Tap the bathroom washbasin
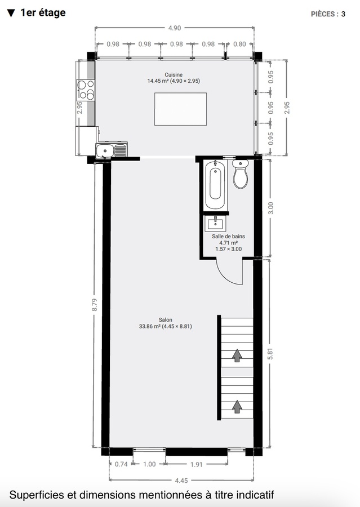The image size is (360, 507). (x=216, y=224)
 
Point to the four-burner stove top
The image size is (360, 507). (x=86, y=90)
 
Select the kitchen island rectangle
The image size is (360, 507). (x=180, y=109)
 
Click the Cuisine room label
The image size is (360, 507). (x=174, y=75)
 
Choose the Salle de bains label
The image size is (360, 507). (x=228, y=237)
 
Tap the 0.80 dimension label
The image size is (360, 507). (x=239, y=44)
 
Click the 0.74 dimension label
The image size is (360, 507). (x=121, y=464)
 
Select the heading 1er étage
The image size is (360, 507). (x=42, y=12)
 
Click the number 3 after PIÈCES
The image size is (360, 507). (x=343, y=14)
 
